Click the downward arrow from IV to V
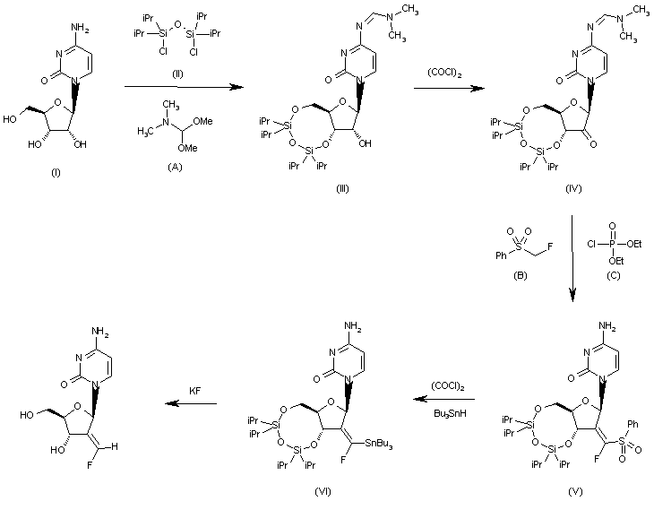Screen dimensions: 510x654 572,255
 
